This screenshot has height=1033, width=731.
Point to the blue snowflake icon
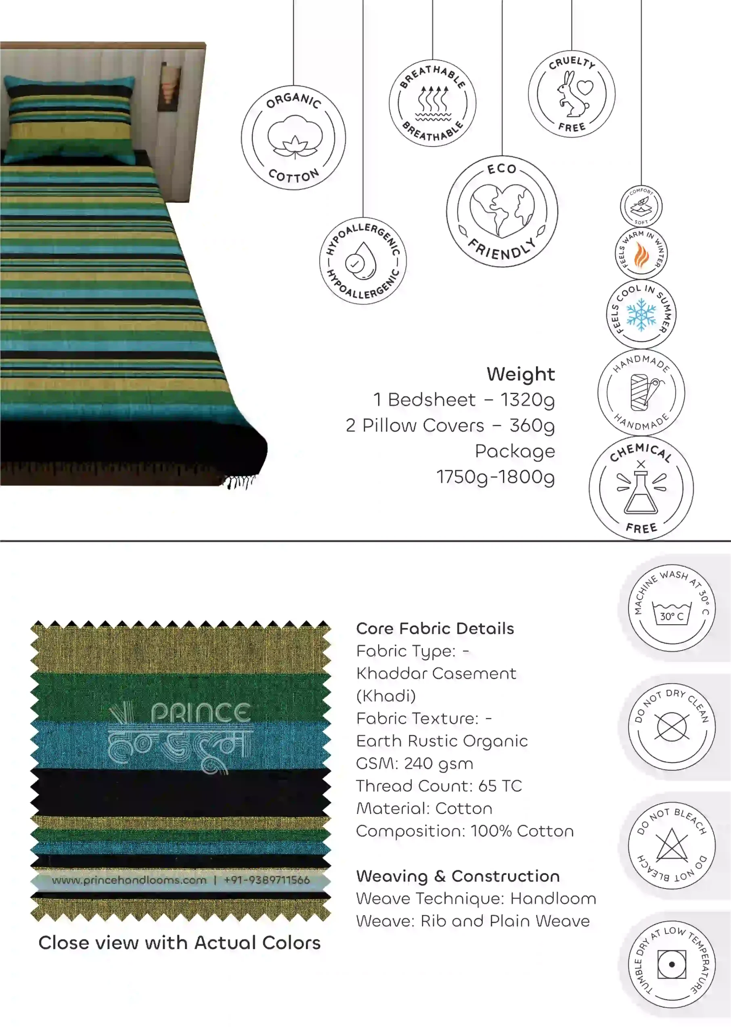coord(641,314)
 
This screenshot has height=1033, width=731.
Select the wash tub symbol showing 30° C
coord(672,614)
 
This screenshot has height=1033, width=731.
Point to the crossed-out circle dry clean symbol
coord(672,727)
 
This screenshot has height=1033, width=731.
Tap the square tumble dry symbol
coord(672,964)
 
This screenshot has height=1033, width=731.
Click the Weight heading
coord(521,374)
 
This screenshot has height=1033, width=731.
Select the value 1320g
coord(528,400)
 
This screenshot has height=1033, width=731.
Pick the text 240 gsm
coord(438,763)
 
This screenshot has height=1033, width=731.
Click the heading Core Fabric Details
coord(435,629)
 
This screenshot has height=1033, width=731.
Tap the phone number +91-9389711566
coord(267,880)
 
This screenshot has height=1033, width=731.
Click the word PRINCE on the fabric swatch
coord(201,713)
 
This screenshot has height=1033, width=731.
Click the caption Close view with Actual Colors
coord(180,943)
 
